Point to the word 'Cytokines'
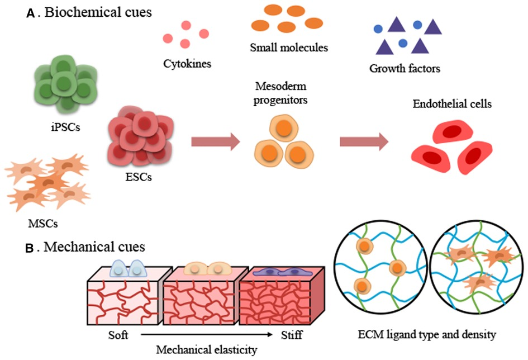tap(187, 64)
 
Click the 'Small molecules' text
tap(289, 48)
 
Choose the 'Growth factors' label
tap(405, 69)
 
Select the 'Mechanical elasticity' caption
tap(207, 350)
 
